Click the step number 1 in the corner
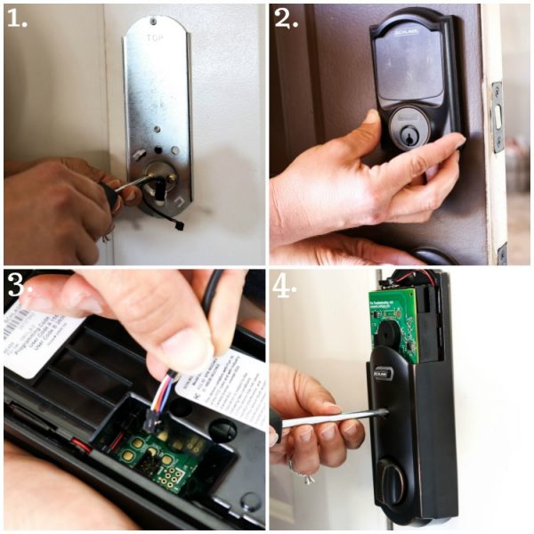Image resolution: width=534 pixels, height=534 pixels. [x=17, y=18]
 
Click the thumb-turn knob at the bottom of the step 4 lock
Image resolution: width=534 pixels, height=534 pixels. [x=392, y=481]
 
